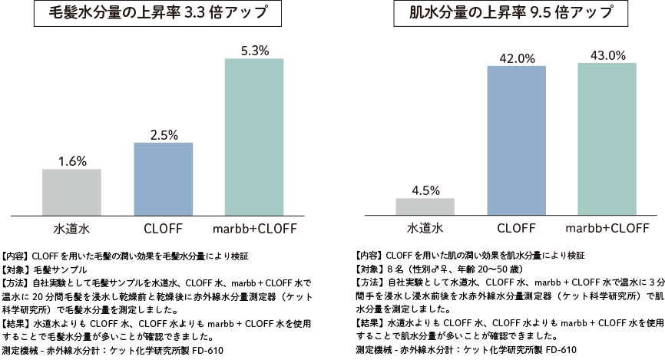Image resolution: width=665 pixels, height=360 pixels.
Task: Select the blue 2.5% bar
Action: click(163, 178)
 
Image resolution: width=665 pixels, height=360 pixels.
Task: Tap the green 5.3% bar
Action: click(254, 136)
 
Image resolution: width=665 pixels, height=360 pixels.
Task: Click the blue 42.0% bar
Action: click(516, 140)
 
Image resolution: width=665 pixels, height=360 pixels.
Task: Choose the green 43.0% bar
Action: click(607, 138)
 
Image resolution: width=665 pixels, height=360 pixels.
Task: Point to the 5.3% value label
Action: click(254, 51)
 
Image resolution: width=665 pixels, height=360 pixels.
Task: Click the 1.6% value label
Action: click(71, 161)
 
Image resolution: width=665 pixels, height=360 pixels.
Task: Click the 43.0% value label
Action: click(607, 55)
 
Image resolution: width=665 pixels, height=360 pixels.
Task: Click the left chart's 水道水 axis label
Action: click(71, 228)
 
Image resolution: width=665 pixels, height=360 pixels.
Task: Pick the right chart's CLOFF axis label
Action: click(516, 228)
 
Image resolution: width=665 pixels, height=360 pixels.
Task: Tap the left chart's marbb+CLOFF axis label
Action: click(254, 228)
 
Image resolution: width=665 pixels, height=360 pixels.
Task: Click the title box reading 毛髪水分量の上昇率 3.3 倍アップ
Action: click(158, 15)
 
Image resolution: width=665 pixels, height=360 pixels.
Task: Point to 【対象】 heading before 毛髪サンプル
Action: click(17, 270)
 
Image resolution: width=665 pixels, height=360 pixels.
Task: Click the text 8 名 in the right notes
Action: click(394, 270)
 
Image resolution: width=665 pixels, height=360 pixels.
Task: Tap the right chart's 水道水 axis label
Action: click(425, 228)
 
